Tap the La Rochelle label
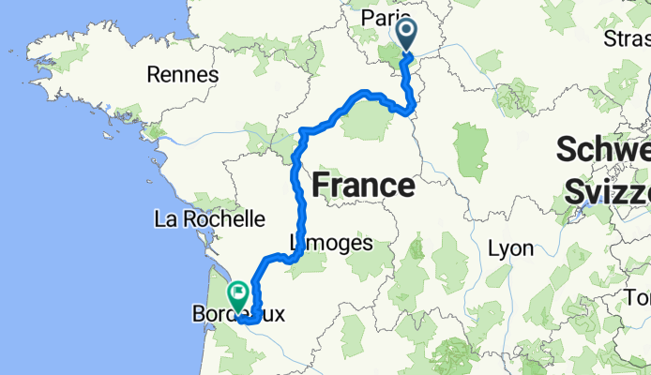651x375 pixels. point(211,219)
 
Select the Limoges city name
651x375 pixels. point(331,243)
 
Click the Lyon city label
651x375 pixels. point(511,248)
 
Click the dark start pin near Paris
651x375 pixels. point(408,36)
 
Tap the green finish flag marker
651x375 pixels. point(237,296)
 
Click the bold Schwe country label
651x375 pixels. point(604,150)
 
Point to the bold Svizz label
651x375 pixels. point(608,190)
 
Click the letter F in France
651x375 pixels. point(320,186)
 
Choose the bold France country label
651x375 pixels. point(362,186)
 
